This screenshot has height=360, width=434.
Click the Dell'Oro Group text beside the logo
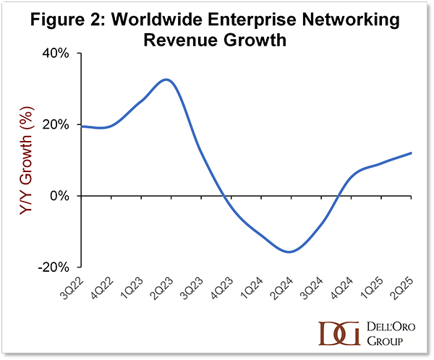[384, 331]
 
